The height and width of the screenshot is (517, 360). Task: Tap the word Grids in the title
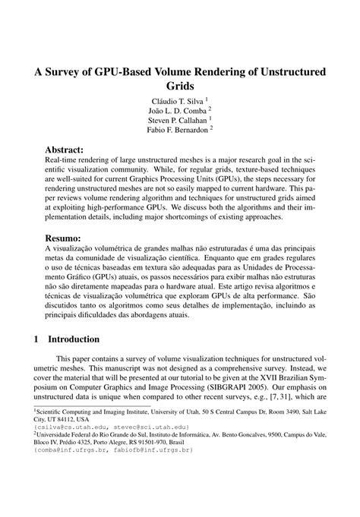180,89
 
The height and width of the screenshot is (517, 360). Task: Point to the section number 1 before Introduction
36,339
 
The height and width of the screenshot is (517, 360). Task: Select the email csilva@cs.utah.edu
68,427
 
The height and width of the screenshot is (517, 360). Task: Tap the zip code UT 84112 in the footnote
55,419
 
